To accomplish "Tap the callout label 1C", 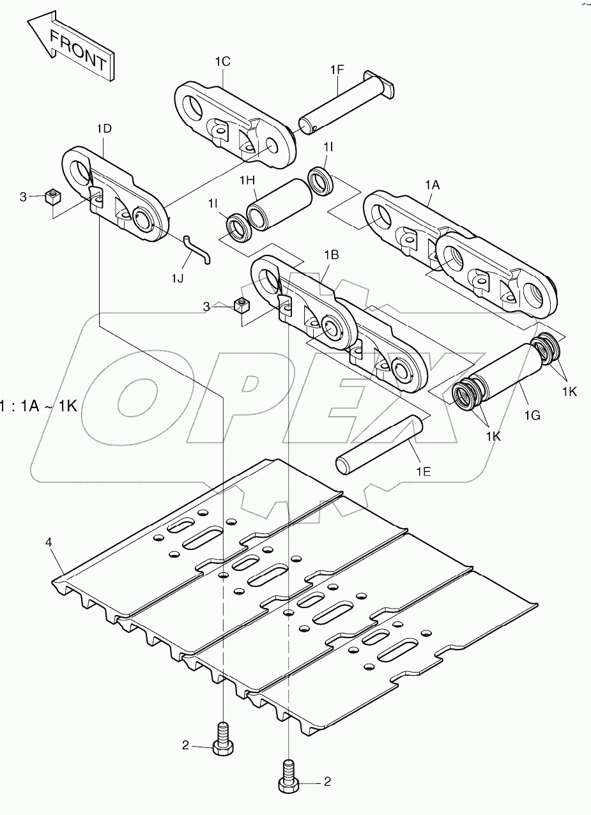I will tap(222, 61).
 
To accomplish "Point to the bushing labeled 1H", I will tap(277, 204).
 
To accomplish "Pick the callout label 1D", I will tap(104, 129).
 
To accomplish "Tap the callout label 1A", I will tap(433, 184).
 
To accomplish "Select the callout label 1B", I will tap(331, 254).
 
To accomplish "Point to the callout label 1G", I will tap(532, 415).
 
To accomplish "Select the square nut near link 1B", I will tap(241, 305).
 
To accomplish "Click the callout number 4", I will tap(49, 542).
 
